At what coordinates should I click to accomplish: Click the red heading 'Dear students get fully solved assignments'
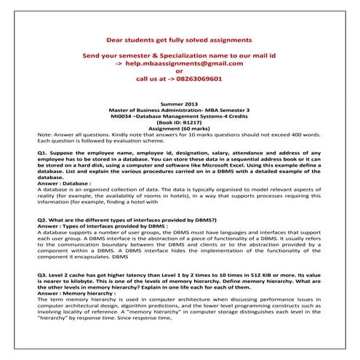click(179, 36)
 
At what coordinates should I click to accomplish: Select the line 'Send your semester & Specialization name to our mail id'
click(179, 56)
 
